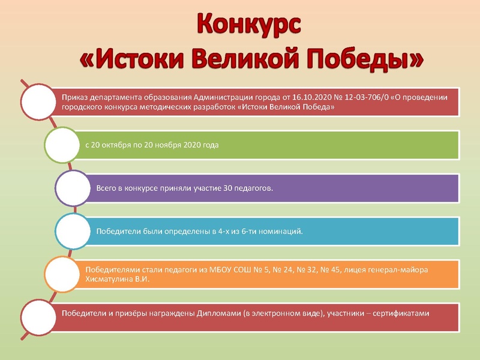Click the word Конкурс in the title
tap(248, 25)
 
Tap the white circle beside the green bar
tap(63, 145)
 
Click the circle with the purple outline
tap(73, 188)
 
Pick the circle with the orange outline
tap(63, 274)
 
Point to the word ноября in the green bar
tap(170, 145)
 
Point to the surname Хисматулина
tap(112, 280)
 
